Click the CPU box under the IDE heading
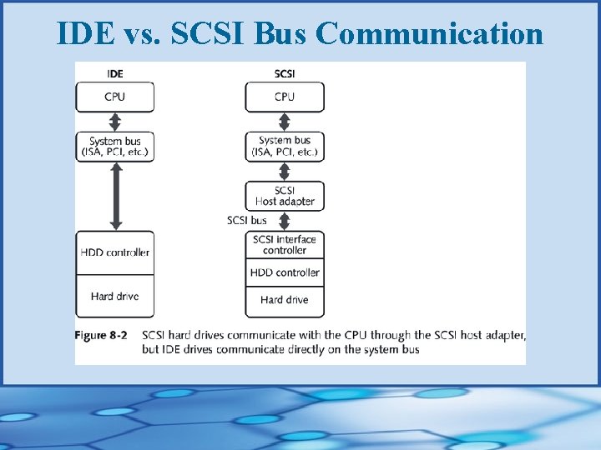click(x=115, y=97)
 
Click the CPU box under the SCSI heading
click(x=284, y=97)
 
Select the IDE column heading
click(x=115, y=73)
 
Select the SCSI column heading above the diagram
click(x=284, y=73)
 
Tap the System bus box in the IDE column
click(x=115, y=147)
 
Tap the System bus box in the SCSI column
click(x=284, y=147)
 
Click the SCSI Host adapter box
click(x=284, y=196)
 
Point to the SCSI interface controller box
click(x=284, y=245)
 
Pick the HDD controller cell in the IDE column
click(x=115, y=252)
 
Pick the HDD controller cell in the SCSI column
click(x=284, y=272)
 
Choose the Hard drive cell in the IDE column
click(x=115, y=297)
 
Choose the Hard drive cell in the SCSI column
click(x=284, y=300)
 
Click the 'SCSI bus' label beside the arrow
click(x=247, y=221)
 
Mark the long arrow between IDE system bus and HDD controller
click(x=116, y=196)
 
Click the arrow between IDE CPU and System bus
click(x=116, y=122)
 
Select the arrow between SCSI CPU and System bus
click(x=284, y=122)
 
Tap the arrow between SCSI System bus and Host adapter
click(x=284, y=172)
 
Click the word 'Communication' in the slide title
click(x=430, y=33)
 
